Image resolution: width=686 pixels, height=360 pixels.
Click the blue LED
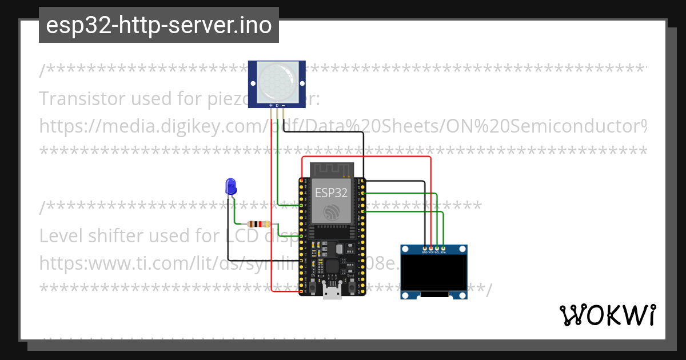(x=231, y=186)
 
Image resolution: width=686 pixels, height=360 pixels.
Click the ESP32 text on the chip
(x=331, y=192)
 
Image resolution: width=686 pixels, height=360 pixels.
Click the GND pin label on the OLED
(x=424, y=251)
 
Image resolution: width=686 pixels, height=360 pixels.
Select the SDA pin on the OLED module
(x=443, y=251)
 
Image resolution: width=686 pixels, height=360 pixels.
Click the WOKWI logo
(x=607, y=315)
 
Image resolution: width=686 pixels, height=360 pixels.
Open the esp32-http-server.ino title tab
(x=158, y=25)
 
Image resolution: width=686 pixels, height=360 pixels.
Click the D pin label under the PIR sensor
(x=277, y=106)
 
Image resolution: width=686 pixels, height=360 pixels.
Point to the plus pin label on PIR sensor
(x=270, y=106)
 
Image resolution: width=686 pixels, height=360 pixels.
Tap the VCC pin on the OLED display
(x=430, y=251)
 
